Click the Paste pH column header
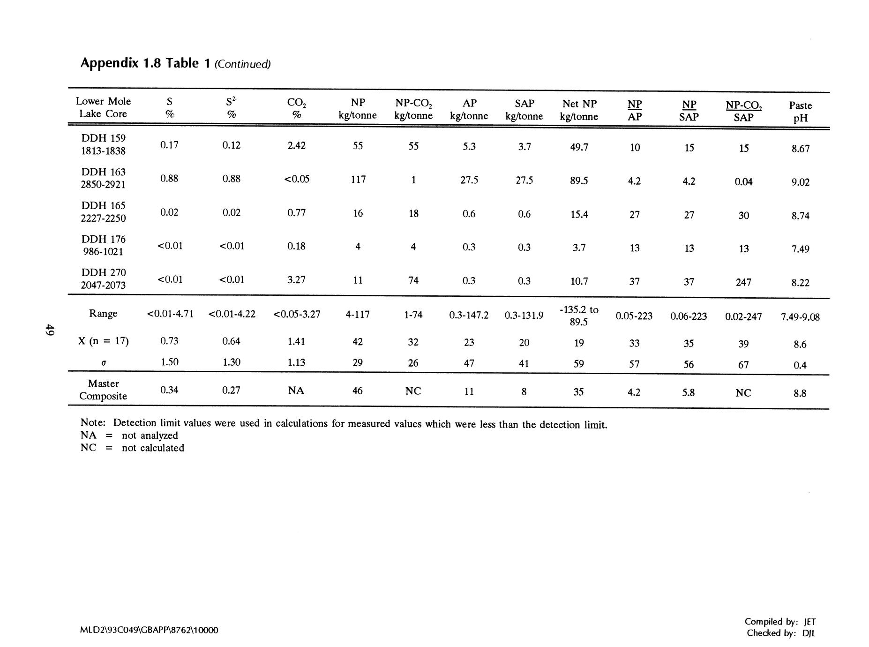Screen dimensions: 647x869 pyautogui.click(x=800, y=112)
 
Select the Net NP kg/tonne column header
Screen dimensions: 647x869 pyautogui.click(x=579, y=110)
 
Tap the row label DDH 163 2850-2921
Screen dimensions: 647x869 pyautogui.click(x=103, y=178)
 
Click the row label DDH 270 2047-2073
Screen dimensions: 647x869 pyautogui.click(x=103, y=278)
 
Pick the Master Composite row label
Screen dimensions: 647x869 pyautogui.click(x=103, y=390)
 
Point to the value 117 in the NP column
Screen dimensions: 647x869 pyautogui.click(x=358, y=179)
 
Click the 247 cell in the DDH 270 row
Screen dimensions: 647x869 pyautogui.click(x=743, y=282)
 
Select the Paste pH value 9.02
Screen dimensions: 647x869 pyautogui.click(x=800, y=182)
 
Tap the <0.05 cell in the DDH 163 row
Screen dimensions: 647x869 pyautogui.click(x=297, y=179)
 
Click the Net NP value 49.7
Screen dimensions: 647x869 pyautogui.click(x=579, y=147)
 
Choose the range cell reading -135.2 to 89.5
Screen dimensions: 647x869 pyautogui.click(x=579, y=316)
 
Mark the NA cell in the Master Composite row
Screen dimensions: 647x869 pyautogui.click(x=296, y=390)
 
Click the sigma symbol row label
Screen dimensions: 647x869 pyautogui.click(x=103, y=362)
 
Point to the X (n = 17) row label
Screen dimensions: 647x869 pyautogui.click(x=103, y=341)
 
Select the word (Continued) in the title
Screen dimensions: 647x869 pyautogui.click(x=242, y=64)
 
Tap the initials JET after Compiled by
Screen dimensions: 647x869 pyautogui.click(x=809, y=622)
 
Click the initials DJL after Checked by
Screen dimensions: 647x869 pyautogui.click(x=809, y=633)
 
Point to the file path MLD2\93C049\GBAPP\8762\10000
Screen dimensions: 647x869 pyautogui.click(x=149, y=630)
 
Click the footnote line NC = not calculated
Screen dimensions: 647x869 pyautogui.click(x=132, y=448)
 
